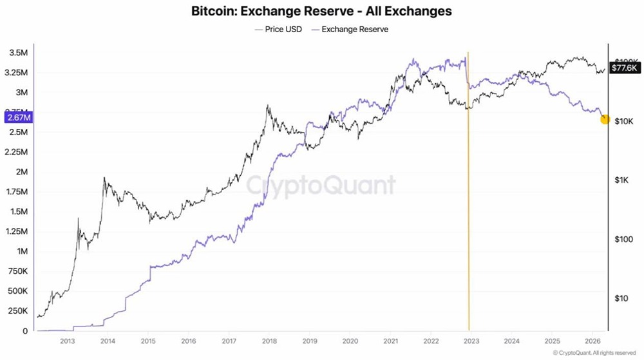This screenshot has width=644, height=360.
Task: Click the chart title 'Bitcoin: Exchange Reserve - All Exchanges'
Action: point(321,11)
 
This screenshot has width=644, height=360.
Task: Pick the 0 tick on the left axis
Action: point(26,331)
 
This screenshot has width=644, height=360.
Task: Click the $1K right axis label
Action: point(621,180)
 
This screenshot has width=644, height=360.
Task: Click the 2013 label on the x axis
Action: point(68,341)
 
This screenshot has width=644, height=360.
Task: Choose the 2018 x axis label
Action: point(269,341)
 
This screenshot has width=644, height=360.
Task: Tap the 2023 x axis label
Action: point(471,341)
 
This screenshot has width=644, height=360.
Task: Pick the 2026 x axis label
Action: point(591,341)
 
